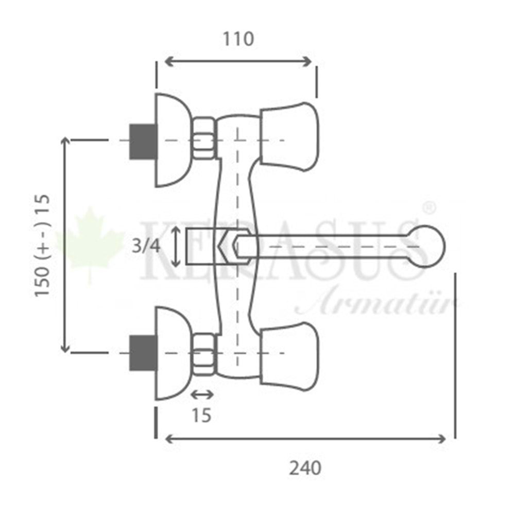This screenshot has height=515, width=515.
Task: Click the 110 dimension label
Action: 238,39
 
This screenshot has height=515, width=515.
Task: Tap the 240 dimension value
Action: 305,468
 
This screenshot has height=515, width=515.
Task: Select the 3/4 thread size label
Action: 146,246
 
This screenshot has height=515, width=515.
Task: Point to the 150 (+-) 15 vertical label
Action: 42,246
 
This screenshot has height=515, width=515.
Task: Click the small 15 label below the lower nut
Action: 201,416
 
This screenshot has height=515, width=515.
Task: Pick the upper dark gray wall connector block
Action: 143,142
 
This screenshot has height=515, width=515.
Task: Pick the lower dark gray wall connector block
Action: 143,353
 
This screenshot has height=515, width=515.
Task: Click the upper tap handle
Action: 289,137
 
